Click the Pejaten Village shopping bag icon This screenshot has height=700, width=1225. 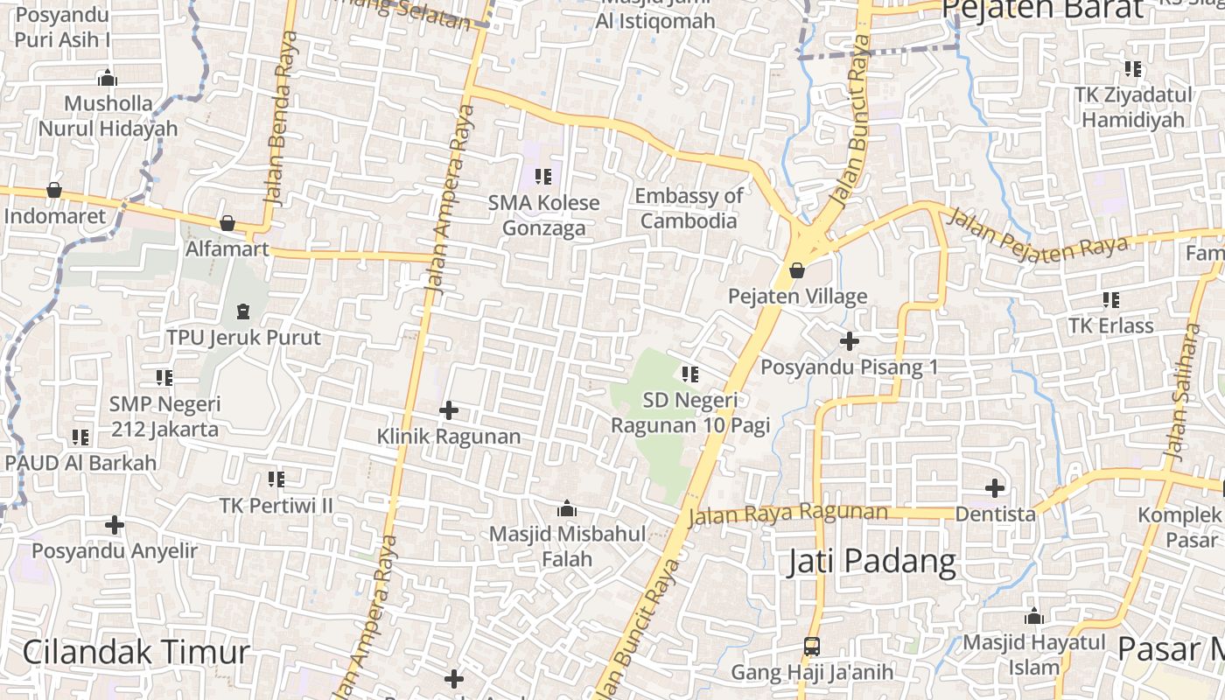coord(797,270)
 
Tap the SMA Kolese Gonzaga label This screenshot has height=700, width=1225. coord(543,215)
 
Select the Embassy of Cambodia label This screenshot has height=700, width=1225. coord(689,208)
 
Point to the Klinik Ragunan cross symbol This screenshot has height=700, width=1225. coord(449,409)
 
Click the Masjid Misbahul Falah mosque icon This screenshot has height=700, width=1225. coord(566,508)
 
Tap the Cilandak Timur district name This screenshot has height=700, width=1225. coord(136,652)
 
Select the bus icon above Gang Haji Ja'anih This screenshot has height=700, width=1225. coord(812,647)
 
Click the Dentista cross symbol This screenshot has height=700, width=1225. coord(995,487)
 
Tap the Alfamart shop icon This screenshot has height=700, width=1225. coord(227,224)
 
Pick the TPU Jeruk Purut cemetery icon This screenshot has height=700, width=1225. coord(242,311)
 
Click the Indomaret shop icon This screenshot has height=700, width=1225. coord(54,190)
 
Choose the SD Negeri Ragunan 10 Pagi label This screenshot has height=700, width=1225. coord(689,413)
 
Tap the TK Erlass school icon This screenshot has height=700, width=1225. coord(1111,300)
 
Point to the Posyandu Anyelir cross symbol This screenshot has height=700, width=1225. coord(115,525)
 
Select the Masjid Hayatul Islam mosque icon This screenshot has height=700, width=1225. coord(1034,616)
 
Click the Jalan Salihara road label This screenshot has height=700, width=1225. coord(1180,394)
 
